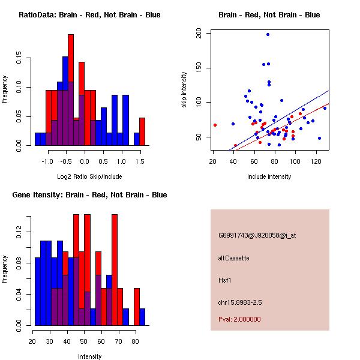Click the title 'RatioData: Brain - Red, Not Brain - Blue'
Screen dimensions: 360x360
tap(89, 14)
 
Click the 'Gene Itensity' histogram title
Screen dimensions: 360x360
tap(89, 194)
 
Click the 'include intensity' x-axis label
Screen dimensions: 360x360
tap(269, 176)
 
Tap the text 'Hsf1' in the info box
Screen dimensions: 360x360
tap(226, 280)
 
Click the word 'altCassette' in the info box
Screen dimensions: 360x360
tap(233, 257)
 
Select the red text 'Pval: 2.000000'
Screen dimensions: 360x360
tap(239, 319)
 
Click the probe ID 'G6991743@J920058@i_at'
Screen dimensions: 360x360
tap(257, 235)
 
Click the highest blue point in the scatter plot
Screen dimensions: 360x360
tap(268, 34)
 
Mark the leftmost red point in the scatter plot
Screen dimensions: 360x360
tap(215, 125)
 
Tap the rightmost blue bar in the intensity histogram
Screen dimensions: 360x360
tap(142, 316)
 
